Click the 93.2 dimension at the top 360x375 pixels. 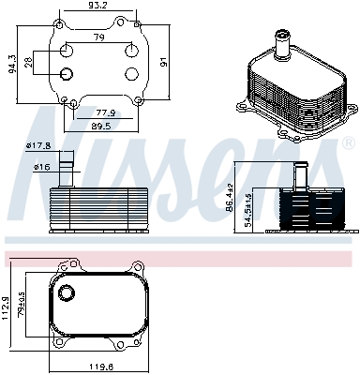point(98,6)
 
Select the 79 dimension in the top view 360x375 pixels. point(97,37)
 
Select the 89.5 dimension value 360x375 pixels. point(102,125)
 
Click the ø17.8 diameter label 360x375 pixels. point(37,145)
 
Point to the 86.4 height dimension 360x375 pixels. point(255,199)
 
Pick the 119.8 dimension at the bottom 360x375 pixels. point(100,367)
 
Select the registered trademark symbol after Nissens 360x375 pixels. point(348,144)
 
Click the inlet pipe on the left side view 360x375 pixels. point(66,172)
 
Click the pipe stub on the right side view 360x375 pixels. point(301,176)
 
